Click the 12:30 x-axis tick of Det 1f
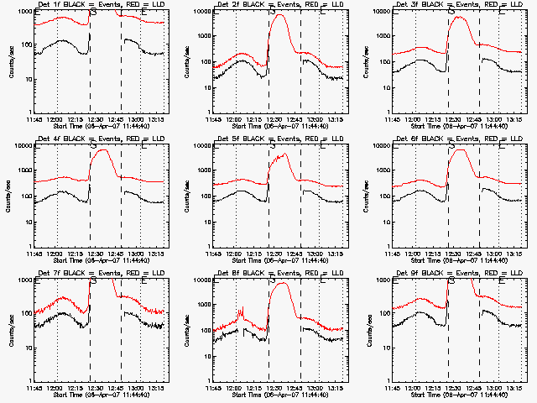[99, 118]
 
